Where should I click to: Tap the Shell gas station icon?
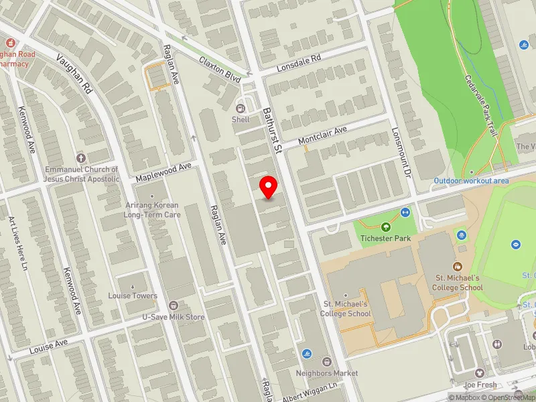point(241,109)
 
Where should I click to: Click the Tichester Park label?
point(385,238)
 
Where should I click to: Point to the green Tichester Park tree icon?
point(385,227)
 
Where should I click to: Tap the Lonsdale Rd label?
point(299,64)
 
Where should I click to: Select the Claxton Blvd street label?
point(220,69)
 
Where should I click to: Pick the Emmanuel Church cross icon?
point(81,158)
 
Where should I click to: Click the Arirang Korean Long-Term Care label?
point(152,210)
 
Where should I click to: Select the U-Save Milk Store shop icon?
point(174,305)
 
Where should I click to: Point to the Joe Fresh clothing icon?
point(479,373)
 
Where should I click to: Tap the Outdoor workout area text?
point(471,181)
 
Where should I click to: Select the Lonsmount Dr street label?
point(404,152)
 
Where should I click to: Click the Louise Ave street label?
point(49,347)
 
